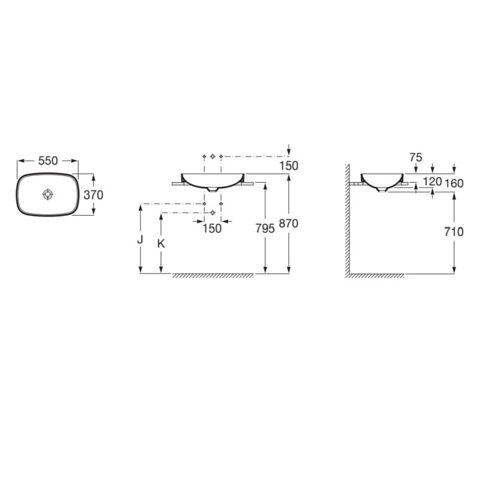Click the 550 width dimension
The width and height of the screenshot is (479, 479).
(48, 160)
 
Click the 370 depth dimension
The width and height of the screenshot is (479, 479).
(93, 195)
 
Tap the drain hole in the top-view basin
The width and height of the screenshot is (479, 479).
(48, 194)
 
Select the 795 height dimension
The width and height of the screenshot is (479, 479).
(265, 228)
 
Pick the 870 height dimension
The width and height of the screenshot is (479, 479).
(289, 223)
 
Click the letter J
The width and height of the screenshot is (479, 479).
(140, 240)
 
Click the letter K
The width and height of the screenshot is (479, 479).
(161, 244)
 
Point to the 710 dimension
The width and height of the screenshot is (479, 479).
(454, 232)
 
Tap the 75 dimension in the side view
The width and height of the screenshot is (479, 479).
(416, 157)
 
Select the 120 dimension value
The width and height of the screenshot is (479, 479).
(432, 181)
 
